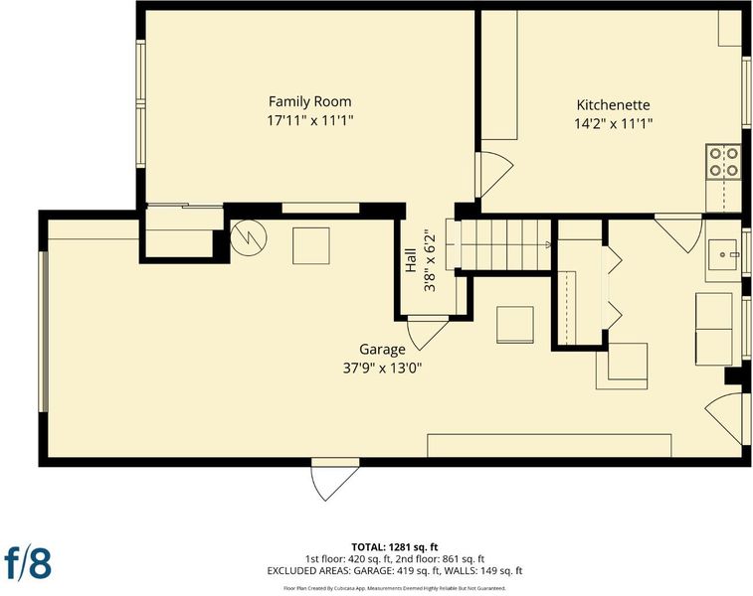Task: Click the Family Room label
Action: click(x=309, y=101)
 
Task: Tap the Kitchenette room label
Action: click(x=614, y=105)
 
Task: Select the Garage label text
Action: click(x=382, y=350)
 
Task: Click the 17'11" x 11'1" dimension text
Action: click(x=310, y=120)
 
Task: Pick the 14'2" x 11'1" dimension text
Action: click(x=614, y=124)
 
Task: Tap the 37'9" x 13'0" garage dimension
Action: click(x=382, y=369)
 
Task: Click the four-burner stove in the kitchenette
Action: click(x=723, y=162)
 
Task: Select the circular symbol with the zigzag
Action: click(x=249, y=236)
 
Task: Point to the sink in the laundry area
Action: click(x=723, y=253)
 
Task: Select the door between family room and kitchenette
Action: click(x=494, y=174)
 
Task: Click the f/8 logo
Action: click(x=28, y=563)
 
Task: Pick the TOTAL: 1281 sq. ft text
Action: click(x=395, y=547)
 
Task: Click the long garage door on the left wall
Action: click(x=43, y=332)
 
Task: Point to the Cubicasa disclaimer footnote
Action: click(x=395, y=588)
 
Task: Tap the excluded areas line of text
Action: click(x=395, y=570)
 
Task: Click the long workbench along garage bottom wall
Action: click(x=549, y=446)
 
